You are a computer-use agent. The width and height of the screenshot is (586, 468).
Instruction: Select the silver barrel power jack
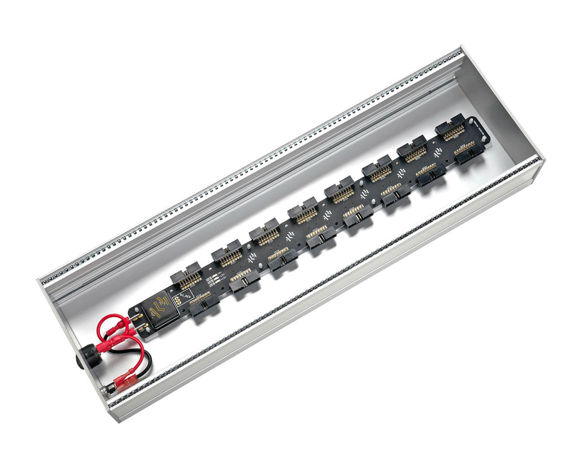coord(108,389)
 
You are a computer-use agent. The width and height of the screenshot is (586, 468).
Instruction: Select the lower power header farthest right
coord(468,151)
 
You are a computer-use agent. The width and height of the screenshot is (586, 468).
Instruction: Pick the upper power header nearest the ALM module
coord(186,275)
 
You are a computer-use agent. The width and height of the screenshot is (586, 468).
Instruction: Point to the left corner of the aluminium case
coord(39,280)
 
